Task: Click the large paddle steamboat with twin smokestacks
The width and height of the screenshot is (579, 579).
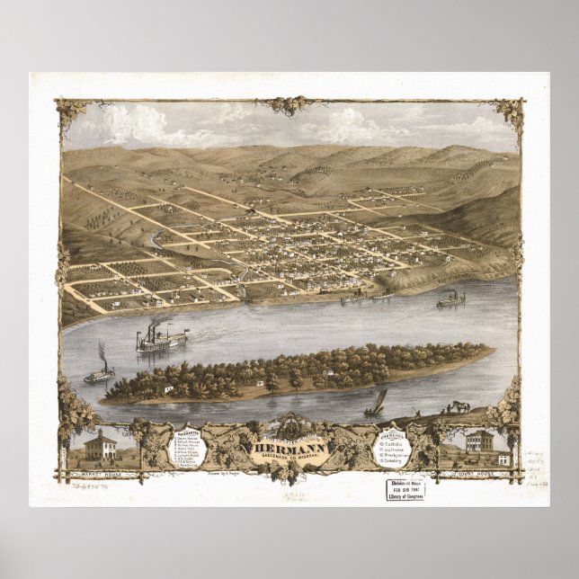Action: click(160, 340)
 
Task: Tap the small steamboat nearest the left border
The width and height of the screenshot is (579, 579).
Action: click(99, 372)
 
